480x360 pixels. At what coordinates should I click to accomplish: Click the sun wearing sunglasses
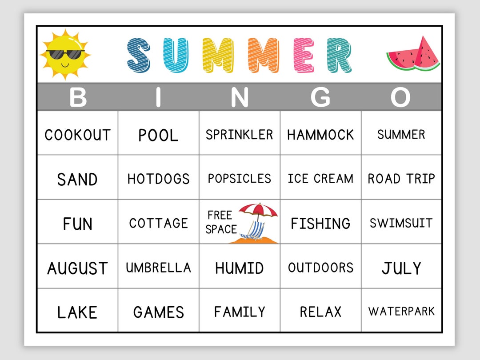pyautogui.click(x=65, y=54)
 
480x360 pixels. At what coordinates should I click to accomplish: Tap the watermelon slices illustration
pyautogui.click(x=413, y=54)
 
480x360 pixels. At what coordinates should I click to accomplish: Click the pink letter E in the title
pyautogui.click(x=305, y=55)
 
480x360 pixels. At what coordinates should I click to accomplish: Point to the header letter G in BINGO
pyautogui.click(x=320, y=97)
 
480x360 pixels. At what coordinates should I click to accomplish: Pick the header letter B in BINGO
pyautogui.click(x=78, y=97)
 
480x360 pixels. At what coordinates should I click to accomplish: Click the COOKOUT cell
pyautogui.click(x=77, y=135)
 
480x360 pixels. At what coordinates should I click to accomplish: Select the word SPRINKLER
pyautogui.click(x=239, y=135)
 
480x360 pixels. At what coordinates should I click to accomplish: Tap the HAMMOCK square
pyautogui.click(x=320, y=135)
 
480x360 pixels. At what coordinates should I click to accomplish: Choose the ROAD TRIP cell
pyautogui.click(x=401, y=179)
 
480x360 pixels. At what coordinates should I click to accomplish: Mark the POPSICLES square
pyautogui.click(x=239, y=179)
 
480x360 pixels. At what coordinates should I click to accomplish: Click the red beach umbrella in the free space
pyautogui.click(x=258, y=210)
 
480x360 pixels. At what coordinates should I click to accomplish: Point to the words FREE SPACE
pyautogui.click(x=221, y=222)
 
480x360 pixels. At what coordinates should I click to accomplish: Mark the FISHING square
pyautogui.click(x=320, y=223)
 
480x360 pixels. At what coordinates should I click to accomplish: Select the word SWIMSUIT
pyautogui.click(x=401, y=223)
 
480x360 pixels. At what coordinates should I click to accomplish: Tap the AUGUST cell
pyautogui.click(x=77, y=268)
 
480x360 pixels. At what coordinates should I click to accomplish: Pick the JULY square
pyautogui.click(x=401, y=268)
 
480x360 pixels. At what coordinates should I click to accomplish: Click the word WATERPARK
pyautogui.click(x=401, y=312)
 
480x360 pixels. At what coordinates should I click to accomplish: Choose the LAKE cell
pyautogui.click(x=77, y=312)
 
